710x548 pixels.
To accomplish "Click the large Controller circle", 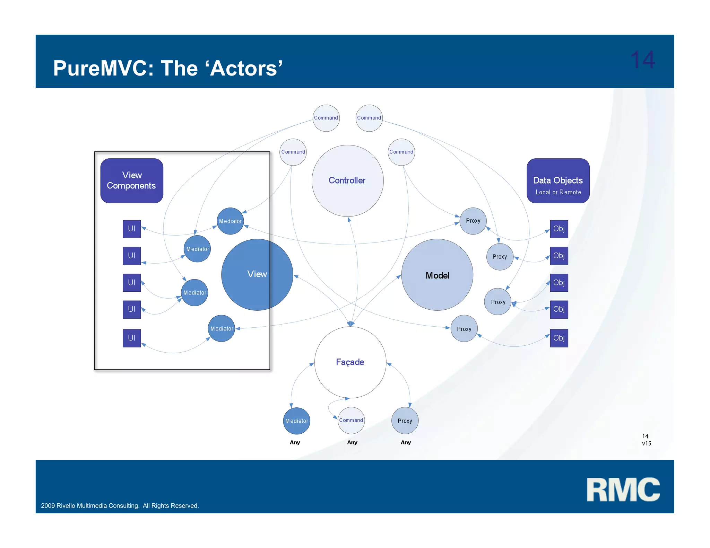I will pyautogui.click(x=347, y=180).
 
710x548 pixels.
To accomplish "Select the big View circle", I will pyautogui.click(x=257, y=274).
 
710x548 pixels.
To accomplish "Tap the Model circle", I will pyautogui.click(x=437, y=275).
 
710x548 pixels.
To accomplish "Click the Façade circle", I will pyautogui.click(x=350, y=362).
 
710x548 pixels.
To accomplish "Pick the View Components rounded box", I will pyautogui.click(x=132, y=180).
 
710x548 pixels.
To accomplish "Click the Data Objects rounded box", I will pyautogui.click(x=558, y=180).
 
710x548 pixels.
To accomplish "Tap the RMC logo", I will pyautogui.click(x=623, y=489).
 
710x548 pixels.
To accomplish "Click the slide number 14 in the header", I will pyautogui.click(x=642, y=60).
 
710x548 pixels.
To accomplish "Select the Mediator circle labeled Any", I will pyautogui.click(x=296, y=421).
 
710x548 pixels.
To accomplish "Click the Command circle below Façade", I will pyautogui.click(x=351, y=420).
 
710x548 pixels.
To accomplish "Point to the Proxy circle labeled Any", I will pyautogui.click(x=405, y=421).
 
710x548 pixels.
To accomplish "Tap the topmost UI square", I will pyautogui.click(x=132, y=229).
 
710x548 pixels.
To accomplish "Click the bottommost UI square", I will pyautogui.click(x=132, y=338).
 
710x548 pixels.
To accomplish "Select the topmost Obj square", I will pyautogui.click(x=559, y=229).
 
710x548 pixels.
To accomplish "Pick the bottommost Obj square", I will pyautogui.click(x=559, y=338).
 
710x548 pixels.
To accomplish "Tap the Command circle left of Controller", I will pyautogui.click(x=293, y=152).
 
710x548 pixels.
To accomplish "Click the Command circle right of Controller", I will pyautogui.click(x=401, y=152).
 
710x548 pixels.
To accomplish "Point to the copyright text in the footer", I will pyautogui.click(x=120, y=506).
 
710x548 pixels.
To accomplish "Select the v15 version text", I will pyautogui.click(x=647, y=443).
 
